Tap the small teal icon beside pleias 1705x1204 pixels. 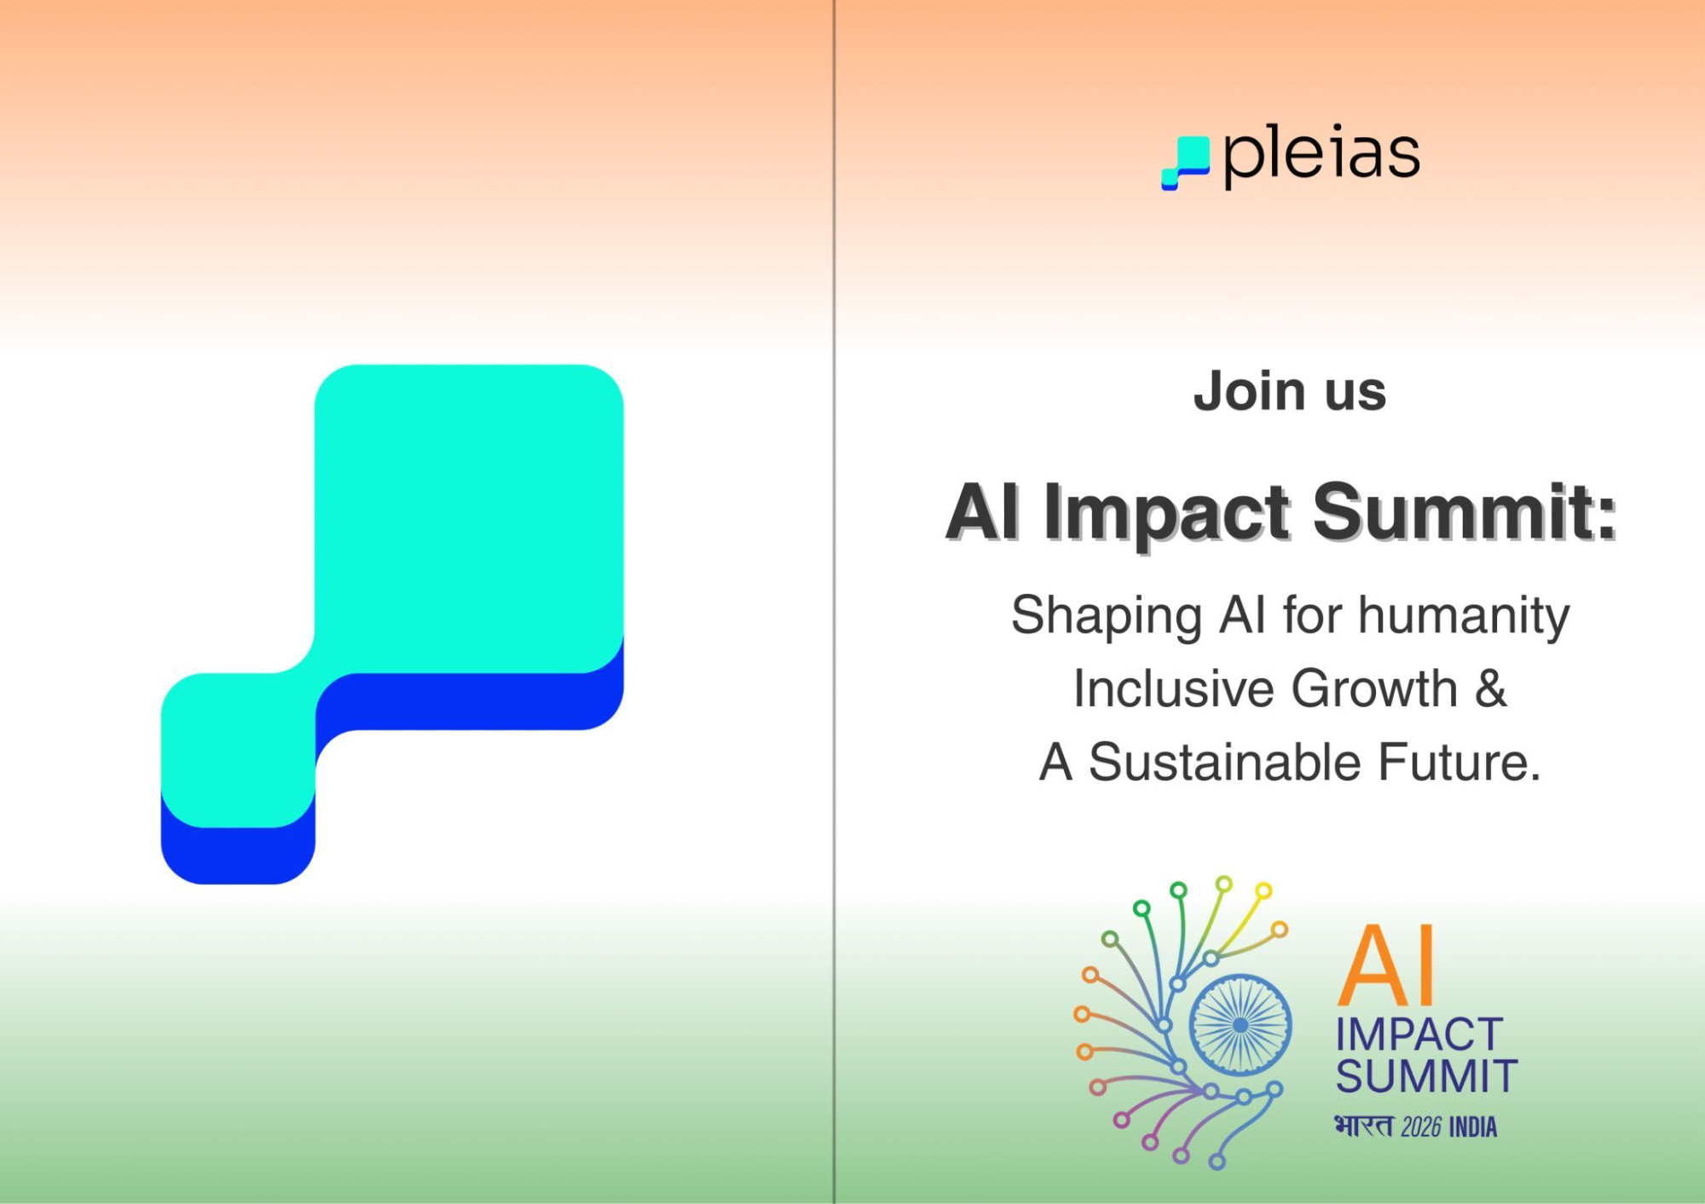pyautogui.click(x=1186, y=163)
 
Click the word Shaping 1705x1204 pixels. pyautogui.click(x=1106, y=617)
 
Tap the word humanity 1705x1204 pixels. pyautogui.click(x=1464, y=617)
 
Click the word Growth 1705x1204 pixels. pyautogui.click(x=1374, y=688)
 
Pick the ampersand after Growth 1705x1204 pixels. pyautogui.click(x=1491, y=688)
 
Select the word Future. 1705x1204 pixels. pyautogui.click(x=1459, y=762)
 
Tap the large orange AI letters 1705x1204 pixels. pyautogui.click(x=1387, y=965)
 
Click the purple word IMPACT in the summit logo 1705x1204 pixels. pyautogui.click(x=1419, y=1035)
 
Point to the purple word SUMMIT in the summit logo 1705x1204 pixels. pyautogui.click(x=1426, y=1076)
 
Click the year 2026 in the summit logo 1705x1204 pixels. pyautogui.click(x=1421, y=1127)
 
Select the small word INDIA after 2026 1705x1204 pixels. pyautogui.click(x=1473, y=1127)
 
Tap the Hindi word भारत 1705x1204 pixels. pyautogui.click(x=1364, y=1126)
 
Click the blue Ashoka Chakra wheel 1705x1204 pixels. pyautogui.click(x=1240, y=1024)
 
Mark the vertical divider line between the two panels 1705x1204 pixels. pyautogui.click(x=835, y=602)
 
